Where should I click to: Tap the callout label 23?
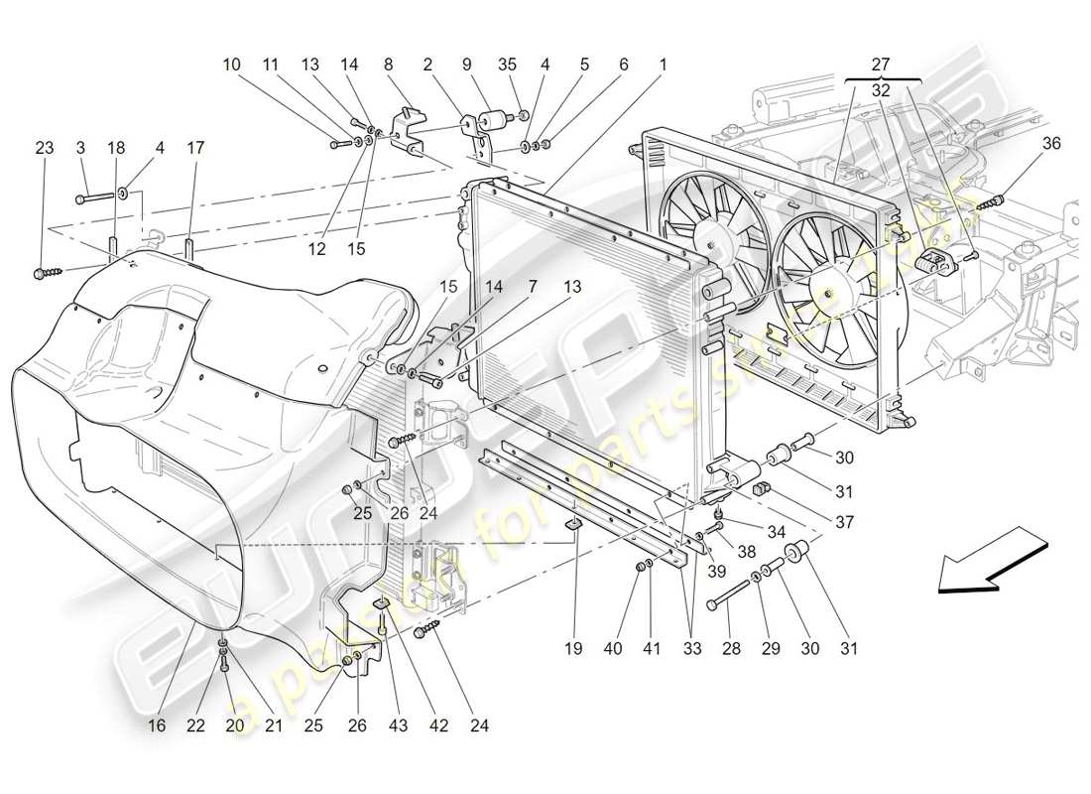coord(45,148)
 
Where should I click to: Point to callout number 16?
coord(157,726)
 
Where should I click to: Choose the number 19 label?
coord(573,649)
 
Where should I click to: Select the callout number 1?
coord(663,66)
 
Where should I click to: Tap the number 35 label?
coord(508,66)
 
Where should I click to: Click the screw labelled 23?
coord(46,270)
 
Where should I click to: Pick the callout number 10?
coord(231,66)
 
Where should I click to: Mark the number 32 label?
coord(881,89)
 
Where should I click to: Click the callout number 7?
coord(533,286)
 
